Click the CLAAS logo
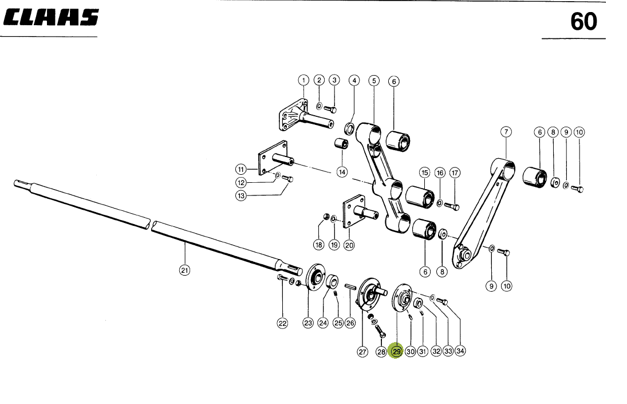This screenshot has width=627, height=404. (51, 19)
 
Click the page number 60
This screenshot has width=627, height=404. (583, 22)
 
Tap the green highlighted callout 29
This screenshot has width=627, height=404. (396, 351)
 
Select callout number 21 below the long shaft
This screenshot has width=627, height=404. (184, 270)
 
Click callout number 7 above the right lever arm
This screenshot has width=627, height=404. (506, 131)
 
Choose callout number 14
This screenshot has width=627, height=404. (342, 171)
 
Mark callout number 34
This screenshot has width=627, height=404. (460, 351)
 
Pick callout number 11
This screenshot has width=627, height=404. (241, 168)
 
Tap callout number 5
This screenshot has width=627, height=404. (373, 81)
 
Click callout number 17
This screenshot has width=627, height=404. (455, 172)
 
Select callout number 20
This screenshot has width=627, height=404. (349, 245)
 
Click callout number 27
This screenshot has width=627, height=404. (362, 352)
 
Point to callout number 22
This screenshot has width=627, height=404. (282, 323)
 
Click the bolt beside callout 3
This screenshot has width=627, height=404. (330, 109)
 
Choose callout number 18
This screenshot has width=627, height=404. (318, 245)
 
